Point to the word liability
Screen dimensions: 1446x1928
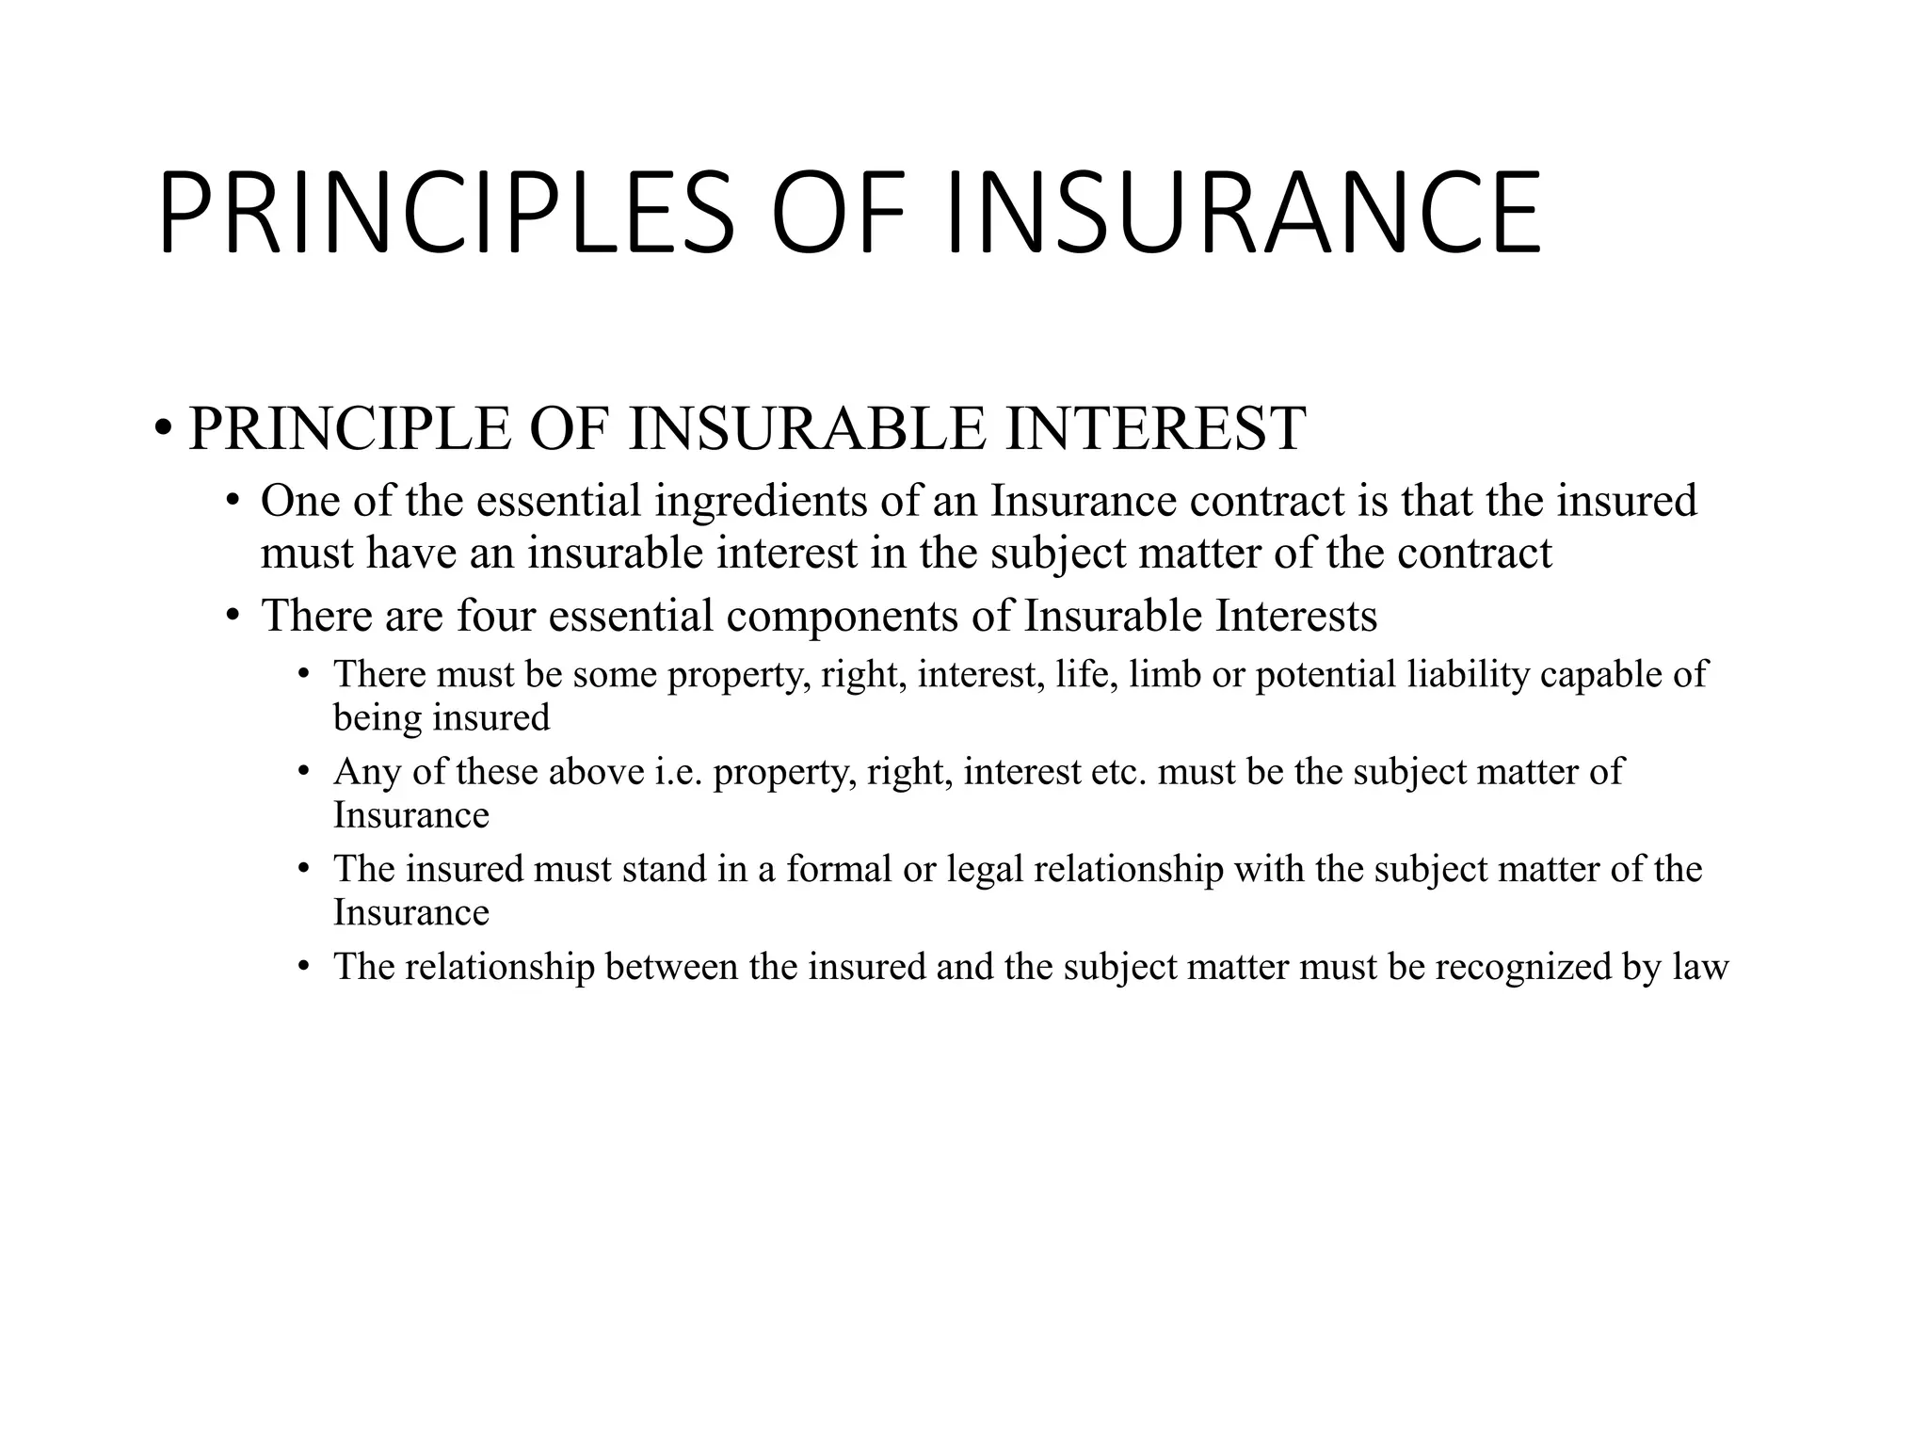point(1468,675)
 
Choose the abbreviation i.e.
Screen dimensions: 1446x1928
point(678,772)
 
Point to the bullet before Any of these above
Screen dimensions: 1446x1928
point(303,773)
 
